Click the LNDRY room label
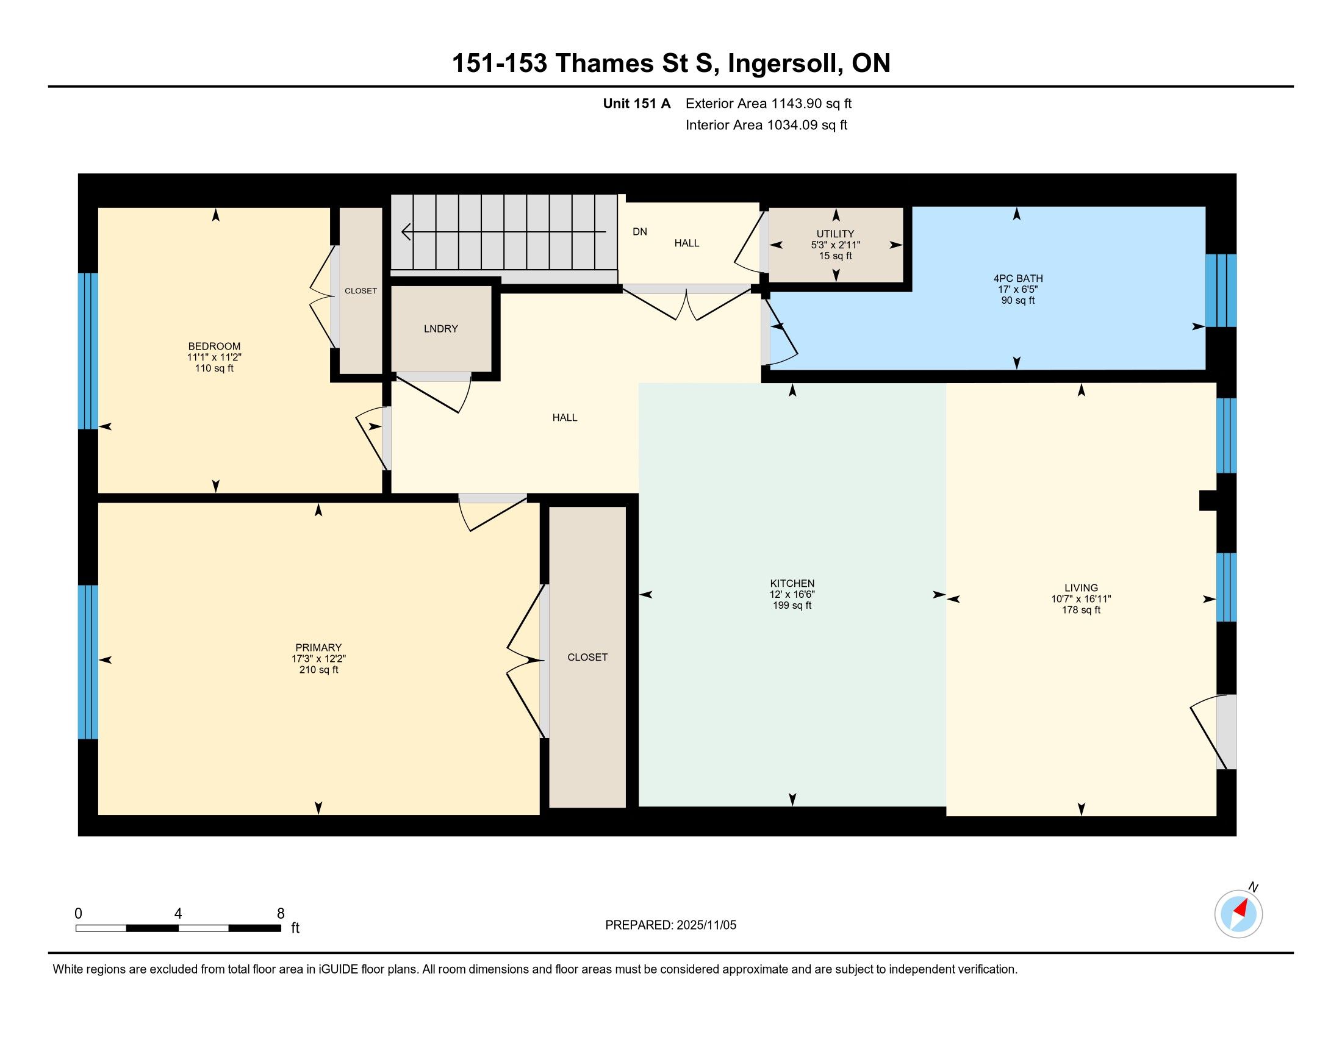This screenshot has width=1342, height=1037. tap(440, 329)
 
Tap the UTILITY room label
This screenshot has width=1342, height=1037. tap(835, 234)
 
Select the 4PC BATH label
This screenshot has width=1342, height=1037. tap(1017, 278)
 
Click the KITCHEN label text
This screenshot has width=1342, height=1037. tap(792, 583)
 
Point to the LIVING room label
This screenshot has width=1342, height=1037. tap(1081, 587)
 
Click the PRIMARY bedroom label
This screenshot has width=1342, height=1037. tap(318, 647)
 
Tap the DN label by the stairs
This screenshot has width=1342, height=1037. tap(640, 232)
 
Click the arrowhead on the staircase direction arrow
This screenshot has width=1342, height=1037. tap(406, 232)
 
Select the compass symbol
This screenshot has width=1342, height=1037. tap(1239, 914)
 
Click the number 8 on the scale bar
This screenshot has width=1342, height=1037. tap(281, 913)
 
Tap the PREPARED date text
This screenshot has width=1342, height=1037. tap(670, 925)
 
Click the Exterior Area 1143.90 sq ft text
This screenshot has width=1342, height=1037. tap(769, 103)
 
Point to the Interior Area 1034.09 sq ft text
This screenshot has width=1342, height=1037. tap(766, 124)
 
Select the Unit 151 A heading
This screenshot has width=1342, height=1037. tap(637, 103)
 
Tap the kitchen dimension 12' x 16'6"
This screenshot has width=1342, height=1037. tap(792, 594)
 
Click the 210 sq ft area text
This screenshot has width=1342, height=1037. tap(318, 670)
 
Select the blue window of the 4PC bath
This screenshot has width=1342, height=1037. tap(1221, 290)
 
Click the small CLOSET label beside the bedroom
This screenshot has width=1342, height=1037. tap(361, 290)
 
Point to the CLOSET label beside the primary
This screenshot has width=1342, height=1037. tap(587, 657)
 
